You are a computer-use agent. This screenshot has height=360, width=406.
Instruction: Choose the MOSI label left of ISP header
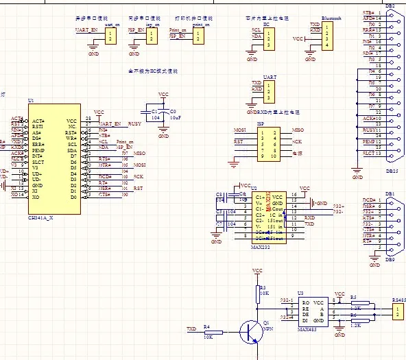coord(240,129)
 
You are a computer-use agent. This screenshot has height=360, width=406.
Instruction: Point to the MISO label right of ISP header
coord(297,129)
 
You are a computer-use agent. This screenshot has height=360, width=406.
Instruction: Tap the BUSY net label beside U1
coord(134,123)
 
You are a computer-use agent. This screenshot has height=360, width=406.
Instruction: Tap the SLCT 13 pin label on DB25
coord(372,154)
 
